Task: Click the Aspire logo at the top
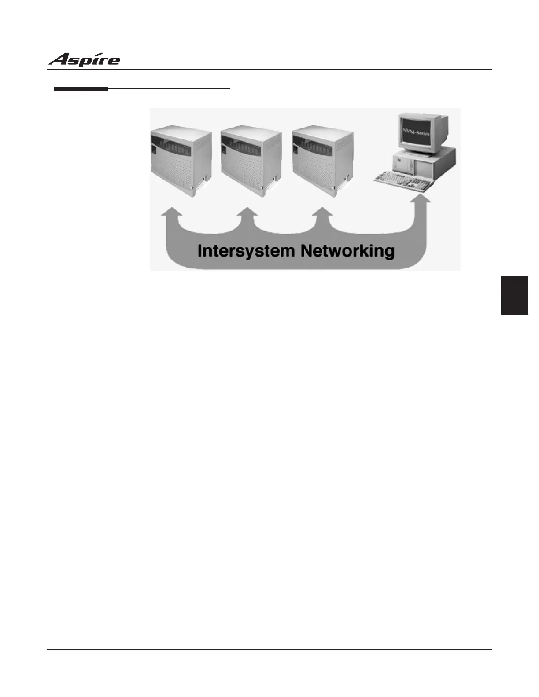pyautogui.click(x=84, y=59)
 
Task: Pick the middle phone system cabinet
pyautogui.click(x=250, y=160)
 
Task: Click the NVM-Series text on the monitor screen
pyautogui.click(x=416, y=132)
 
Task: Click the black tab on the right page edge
pyautogui.click(x=514, y=295)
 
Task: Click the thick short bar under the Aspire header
pyautogui.click(x=81, y=90)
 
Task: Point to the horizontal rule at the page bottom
pyautogui.click(x=269, y=649)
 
